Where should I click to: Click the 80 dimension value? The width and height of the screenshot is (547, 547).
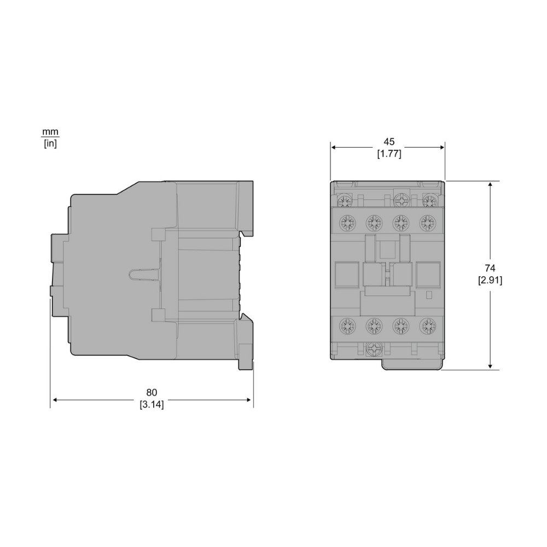[x=152, y=392]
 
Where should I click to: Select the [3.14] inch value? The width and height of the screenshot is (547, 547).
[x=152, y=404]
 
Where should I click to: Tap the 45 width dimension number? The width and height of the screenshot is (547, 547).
[x=389, y=142]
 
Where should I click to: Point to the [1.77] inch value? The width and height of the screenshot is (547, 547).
[x=389, y=154]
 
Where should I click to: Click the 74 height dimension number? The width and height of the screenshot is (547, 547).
[x=490, y=268]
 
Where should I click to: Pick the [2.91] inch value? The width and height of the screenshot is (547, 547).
[x=490, y=280]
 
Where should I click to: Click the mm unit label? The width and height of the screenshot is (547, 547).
[x=50, y=132]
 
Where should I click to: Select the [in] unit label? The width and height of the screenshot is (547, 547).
[x=50, y=143]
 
